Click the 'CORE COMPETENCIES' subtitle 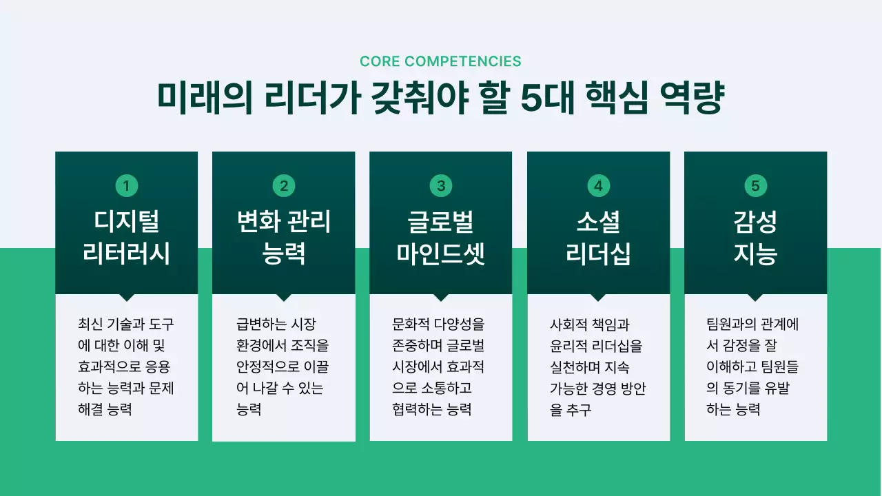pos(440,61)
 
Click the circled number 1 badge pos(126,185)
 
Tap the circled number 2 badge pos(283,185)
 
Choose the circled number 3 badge pos(441,185)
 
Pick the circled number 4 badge pos(598,185)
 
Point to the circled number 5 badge pos(755,185)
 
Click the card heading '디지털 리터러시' pos(126,238)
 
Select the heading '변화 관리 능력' pos(283,238)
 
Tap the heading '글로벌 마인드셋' pos(441,238)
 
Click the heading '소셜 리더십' pos(598,238)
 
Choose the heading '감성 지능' pos(755,238)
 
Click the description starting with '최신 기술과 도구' pos(126,366)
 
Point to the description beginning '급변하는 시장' pos(283,366)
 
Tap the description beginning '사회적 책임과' pos(597,366)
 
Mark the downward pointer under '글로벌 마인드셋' pos(441,298)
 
